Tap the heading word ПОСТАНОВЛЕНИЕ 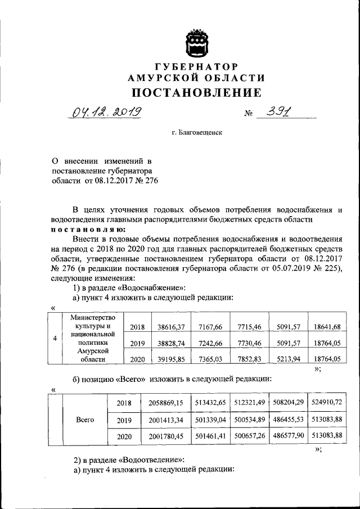(196, 92)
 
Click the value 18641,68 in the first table (328, 327)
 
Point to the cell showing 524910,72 (329, 403)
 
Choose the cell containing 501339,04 (211, 420)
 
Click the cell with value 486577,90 (290, 436)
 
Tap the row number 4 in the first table (54, 339)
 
